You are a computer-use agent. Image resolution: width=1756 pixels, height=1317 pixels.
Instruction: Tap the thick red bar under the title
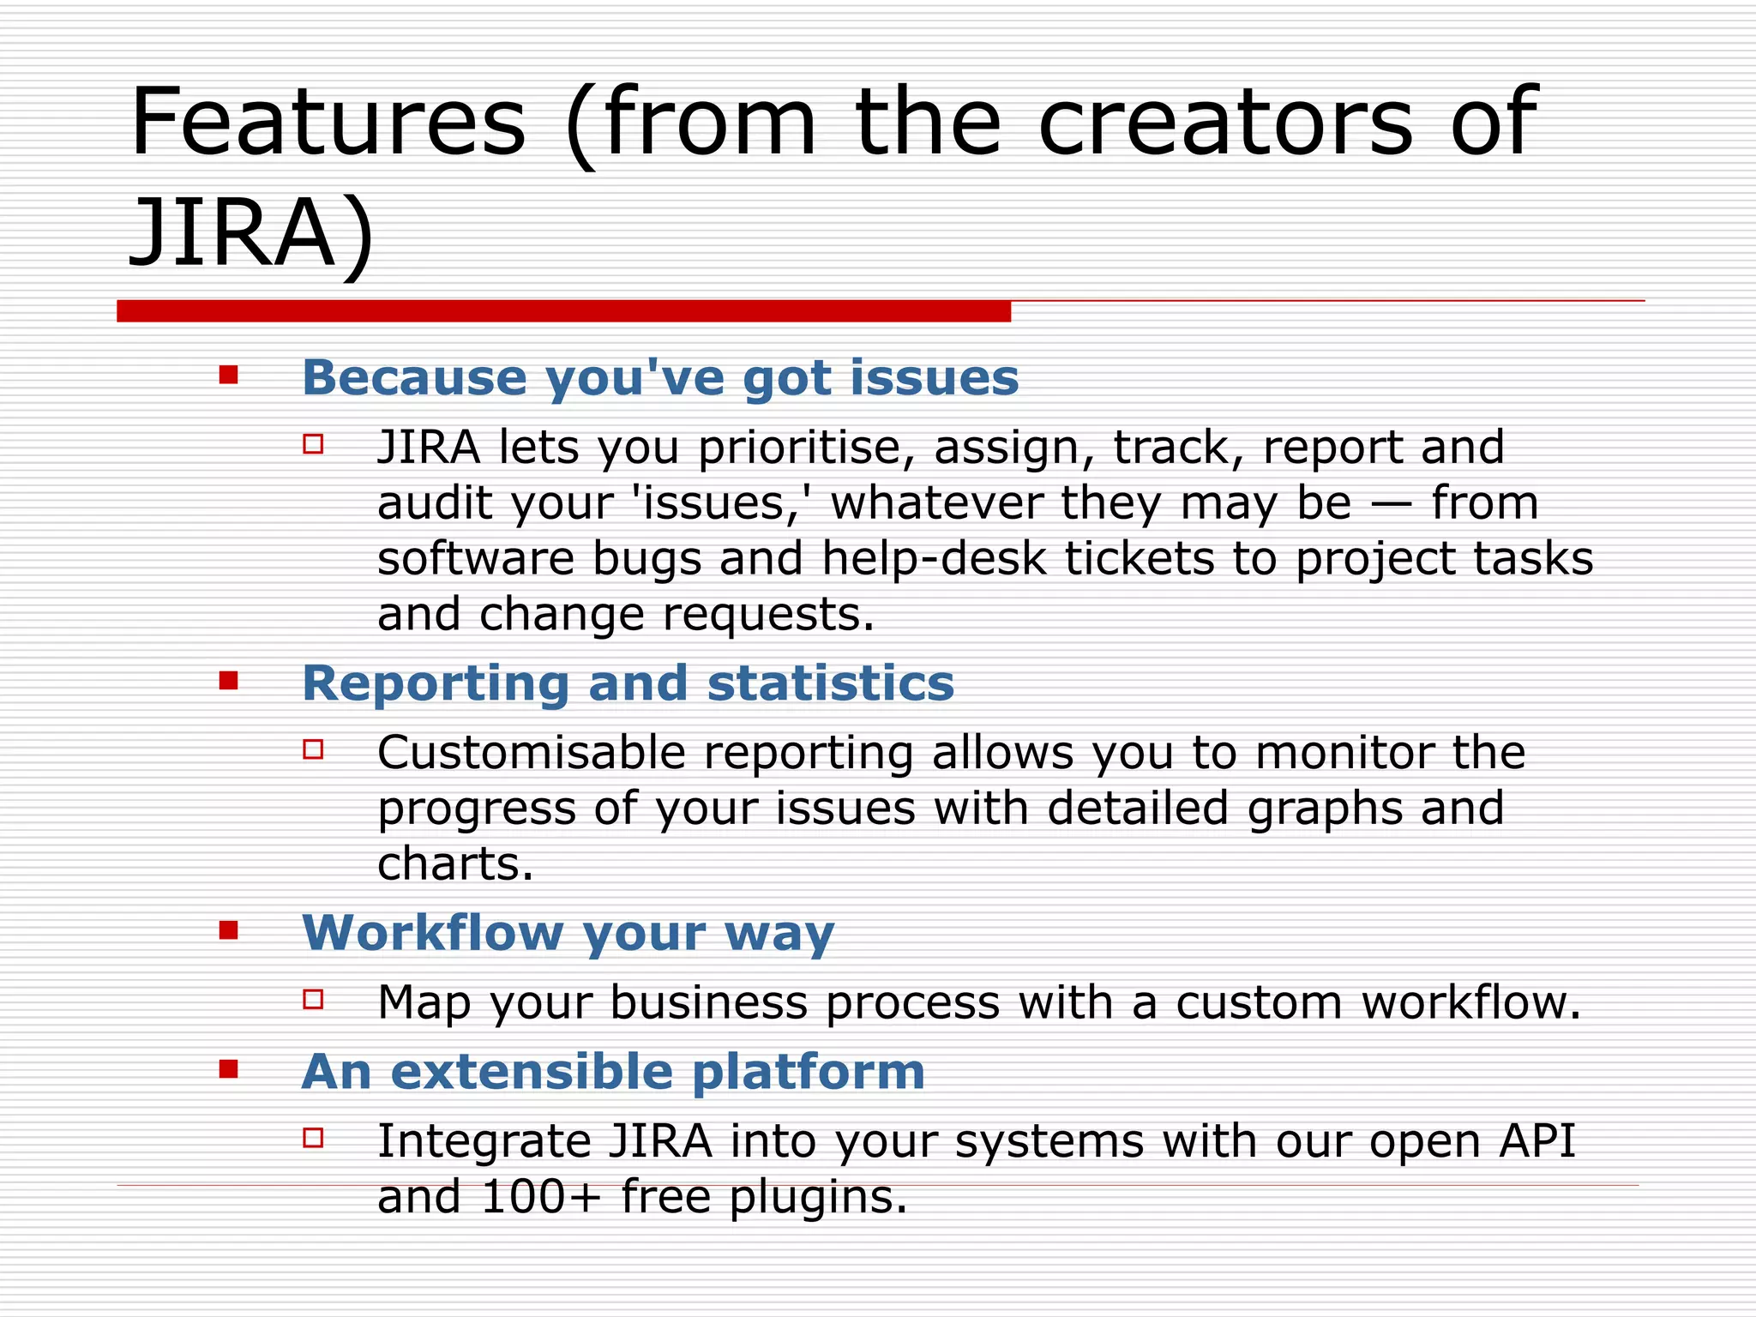[563, 311]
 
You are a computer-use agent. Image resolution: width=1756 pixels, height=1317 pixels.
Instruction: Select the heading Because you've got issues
[660, 377]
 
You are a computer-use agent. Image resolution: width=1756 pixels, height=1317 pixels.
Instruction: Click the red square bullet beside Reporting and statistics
[228, 681]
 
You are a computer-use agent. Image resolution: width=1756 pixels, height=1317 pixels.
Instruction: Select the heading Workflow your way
[568, 932]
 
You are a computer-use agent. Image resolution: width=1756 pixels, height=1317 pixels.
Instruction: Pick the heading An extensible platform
[613, 1071]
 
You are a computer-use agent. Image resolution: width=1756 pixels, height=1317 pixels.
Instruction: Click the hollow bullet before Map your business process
[313, 999]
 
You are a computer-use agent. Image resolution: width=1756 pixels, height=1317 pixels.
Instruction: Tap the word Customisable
[532, 753]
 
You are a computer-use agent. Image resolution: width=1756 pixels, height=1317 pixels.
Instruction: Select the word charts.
[454, 863]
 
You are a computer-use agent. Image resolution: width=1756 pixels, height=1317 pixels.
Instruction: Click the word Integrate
[484, 1141]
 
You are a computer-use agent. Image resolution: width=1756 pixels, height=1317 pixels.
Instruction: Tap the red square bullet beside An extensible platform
[228, 1069]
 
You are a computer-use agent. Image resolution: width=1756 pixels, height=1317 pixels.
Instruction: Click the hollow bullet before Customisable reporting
[313, 749]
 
